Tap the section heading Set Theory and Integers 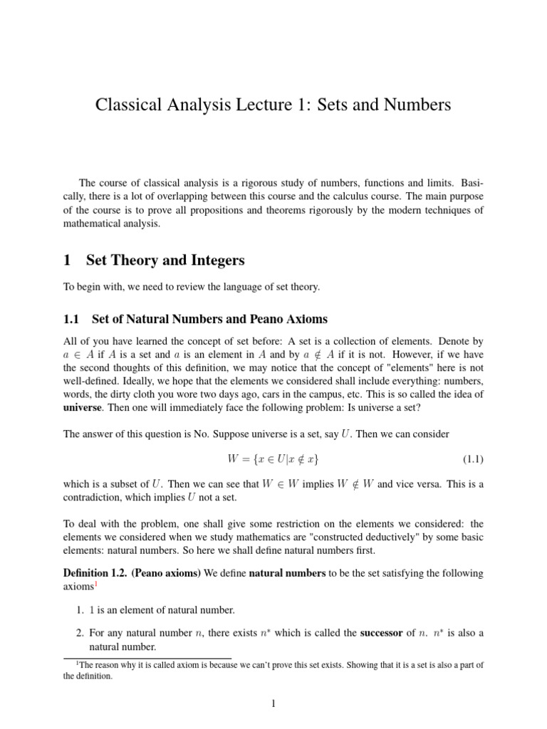click(x=165, y=261)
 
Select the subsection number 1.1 click(x=73, y=318)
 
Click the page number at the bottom click(x=273, y=705)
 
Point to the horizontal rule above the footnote click(x=147, y=659)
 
